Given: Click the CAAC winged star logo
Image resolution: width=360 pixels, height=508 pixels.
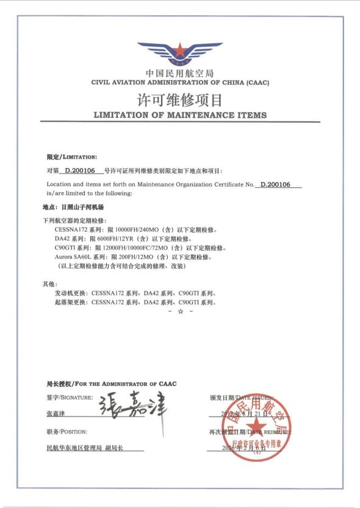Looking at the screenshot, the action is point(180,54).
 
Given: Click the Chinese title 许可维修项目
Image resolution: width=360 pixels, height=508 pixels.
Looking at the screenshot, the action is point(180,99).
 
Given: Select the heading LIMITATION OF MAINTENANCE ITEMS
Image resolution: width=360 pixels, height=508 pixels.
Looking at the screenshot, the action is point(180,115).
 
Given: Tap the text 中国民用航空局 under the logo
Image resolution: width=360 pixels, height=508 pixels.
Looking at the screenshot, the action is point(180,73).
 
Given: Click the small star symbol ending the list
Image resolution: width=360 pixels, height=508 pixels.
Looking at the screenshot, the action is point(180,312).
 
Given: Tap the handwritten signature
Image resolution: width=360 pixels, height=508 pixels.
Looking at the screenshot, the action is point(134,406).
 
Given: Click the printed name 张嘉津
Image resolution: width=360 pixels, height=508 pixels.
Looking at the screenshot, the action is point(56,413).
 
